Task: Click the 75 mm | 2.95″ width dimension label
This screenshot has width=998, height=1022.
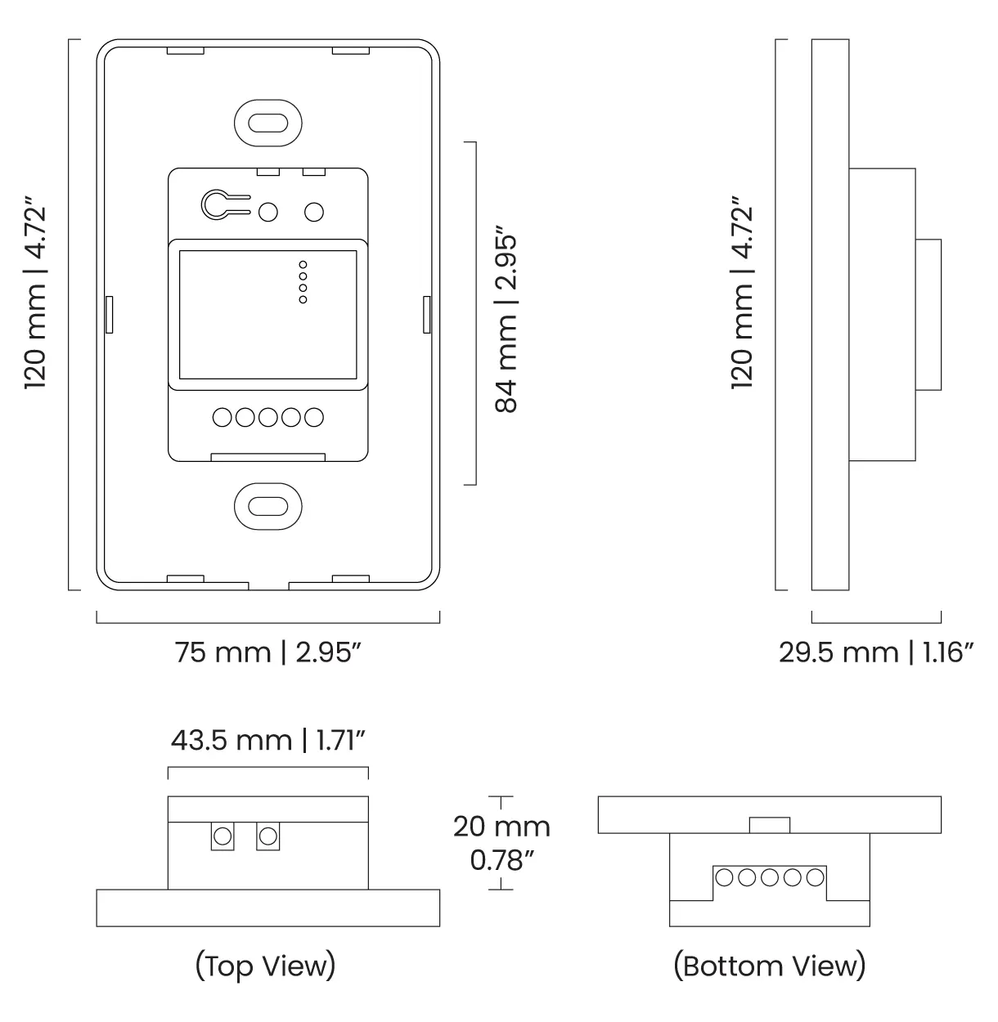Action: coord(268,652)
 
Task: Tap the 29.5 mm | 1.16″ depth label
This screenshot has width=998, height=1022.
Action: coord(875,652)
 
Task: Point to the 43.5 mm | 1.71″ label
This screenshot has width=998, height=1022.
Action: coord(267,740)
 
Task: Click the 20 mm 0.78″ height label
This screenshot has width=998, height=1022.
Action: coord(501,842)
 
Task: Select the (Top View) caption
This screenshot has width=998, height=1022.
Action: coord(266,966)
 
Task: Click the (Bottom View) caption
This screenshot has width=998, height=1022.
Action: coord(769,966)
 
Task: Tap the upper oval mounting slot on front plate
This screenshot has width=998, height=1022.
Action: coord(267,123)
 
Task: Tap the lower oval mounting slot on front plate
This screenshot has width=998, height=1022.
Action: coord(267,505)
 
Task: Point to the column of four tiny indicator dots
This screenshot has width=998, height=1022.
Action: coord(303,283)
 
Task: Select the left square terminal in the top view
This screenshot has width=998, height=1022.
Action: coord(222,836)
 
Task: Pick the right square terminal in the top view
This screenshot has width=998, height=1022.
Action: coord(267,836)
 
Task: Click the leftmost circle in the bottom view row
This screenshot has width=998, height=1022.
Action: coord(725,877)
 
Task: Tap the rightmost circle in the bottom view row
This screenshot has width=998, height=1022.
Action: coord(814,877)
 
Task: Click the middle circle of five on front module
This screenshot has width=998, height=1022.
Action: coord(267,418)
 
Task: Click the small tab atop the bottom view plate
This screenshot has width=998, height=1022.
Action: coord(769,825)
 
